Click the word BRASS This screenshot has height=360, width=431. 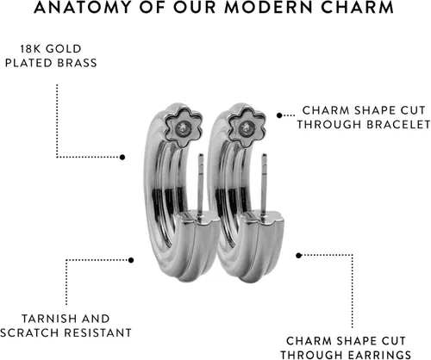[x=77, y=63]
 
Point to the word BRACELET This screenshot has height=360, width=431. [x=398, y=125]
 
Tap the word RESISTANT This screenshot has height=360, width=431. [x=97, y=333]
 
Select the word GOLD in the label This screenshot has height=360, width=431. [x=64, y=49]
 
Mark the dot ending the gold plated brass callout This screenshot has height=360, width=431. [x=122, y=157]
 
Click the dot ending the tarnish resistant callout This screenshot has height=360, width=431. [x=131, y=260]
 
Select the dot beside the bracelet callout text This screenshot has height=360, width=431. [x=279, y=115]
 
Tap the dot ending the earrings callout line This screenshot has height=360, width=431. [x=298, y=255]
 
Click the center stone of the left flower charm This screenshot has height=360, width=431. [x=183, y=127]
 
